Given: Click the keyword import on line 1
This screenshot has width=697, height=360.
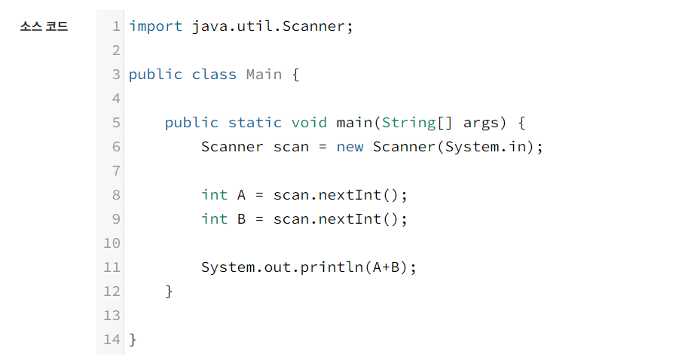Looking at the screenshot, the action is click(x=155, y=26).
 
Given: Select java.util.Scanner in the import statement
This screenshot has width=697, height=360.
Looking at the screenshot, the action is click(x=267, y=26).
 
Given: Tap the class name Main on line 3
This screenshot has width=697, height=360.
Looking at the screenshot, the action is click(x=264, y=75).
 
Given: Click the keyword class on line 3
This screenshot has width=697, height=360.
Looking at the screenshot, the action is click(x=214, y=75).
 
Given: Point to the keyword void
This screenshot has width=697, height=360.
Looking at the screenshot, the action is click(x=309, y=123).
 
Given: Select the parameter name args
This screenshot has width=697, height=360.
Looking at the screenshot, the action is click(x=481, y=123).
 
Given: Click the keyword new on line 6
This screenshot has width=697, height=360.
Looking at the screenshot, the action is click(x=350, y=147).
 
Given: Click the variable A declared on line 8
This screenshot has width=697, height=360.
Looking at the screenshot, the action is click(x=242, y=195).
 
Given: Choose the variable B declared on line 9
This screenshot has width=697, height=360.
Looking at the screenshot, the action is click(x=242, y=219).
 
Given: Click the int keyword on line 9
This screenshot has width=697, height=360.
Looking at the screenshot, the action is click(x=214, y=219).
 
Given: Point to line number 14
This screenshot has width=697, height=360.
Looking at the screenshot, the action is click(x=112, y=340).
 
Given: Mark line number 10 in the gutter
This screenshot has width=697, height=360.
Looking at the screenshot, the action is click(x=112, y=243).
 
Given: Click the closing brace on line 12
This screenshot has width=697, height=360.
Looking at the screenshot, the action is click(x=170, y=291).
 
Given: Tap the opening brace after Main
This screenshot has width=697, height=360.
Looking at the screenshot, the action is click(x=295, y=75).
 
